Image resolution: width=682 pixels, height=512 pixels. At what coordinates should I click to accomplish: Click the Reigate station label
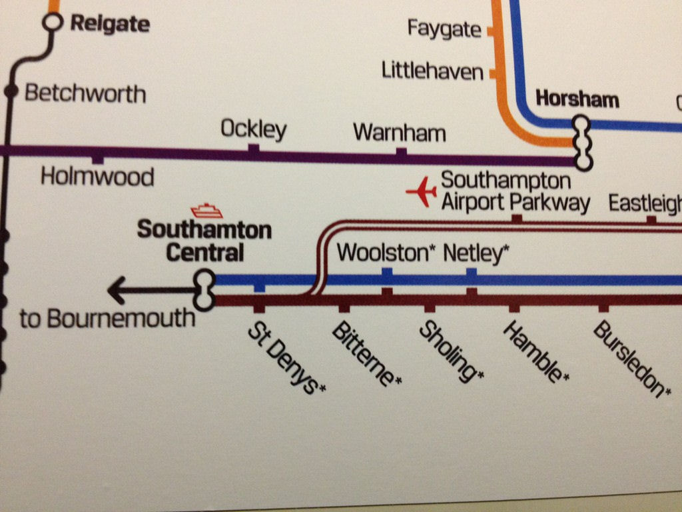(110, 25)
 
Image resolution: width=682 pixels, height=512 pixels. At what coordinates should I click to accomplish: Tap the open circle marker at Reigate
(52, 23)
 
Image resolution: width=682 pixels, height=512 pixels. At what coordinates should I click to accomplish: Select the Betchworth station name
(85, 93)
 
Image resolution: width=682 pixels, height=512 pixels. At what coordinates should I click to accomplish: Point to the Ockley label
(253, 129)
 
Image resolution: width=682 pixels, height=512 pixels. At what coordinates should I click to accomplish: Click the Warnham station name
(399, 132)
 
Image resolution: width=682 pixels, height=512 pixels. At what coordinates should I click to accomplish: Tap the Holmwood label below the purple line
(97, 177)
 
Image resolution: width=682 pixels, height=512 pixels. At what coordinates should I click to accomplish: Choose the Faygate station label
(444, 29)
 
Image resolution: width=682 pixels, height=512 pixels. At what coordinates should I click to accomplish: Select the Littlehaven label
(432, 70)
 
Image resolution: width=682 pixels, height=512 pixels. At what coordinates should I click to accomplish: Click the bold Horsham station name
(577, 99)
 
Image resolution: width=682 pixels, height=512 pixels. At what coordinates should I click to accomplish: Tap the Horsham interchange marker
(583, 142)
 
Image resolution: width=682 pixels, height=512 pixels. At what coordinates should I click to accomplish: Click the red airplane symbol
(421, 192)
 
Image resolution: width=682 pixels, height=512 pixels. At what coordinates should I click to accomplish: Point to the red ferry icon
(206, 211)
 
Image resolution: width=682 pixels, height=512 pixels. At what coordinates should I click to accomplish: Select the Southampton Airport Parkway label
(515, 191)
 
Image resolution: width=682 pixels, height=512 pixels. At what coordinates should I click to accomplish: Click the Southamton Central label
(204, 241)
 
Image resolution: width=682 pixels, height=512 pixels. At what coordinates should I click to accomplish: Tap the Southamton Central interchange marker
(204, 290)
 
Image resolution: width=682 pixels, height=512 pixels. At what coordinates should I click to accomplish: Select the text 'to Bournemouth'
(107, 319)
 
